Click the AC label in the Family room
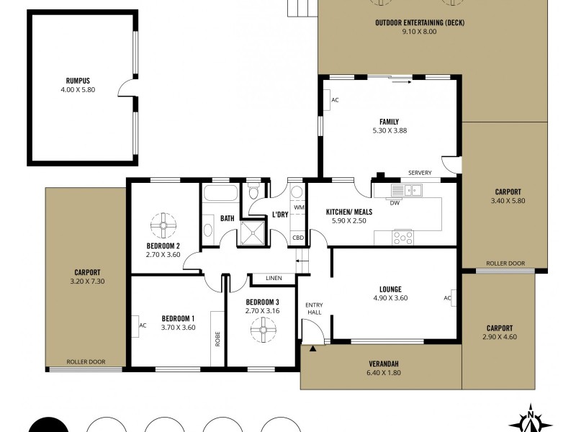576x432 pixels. [335, 99]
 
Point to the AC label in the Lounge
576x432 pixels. [447, 297]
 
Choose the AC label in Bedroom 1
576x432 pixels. [143, 325]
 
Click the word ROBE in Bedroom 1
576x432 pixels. [217, 338]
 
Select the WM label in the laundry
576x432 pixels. [298, 207]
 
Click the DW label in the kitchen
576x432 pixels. [395, 203]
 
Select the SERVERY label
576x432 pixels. [419, 173]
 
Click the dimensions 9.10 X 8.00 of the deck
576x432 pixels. [419, 32]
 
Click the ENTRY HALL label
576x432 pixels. [315, 309]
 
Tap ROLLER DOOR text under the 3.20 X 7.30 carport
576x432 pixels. [82, 362]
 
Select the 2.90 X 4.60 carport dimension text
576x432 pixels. [500, 337]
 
